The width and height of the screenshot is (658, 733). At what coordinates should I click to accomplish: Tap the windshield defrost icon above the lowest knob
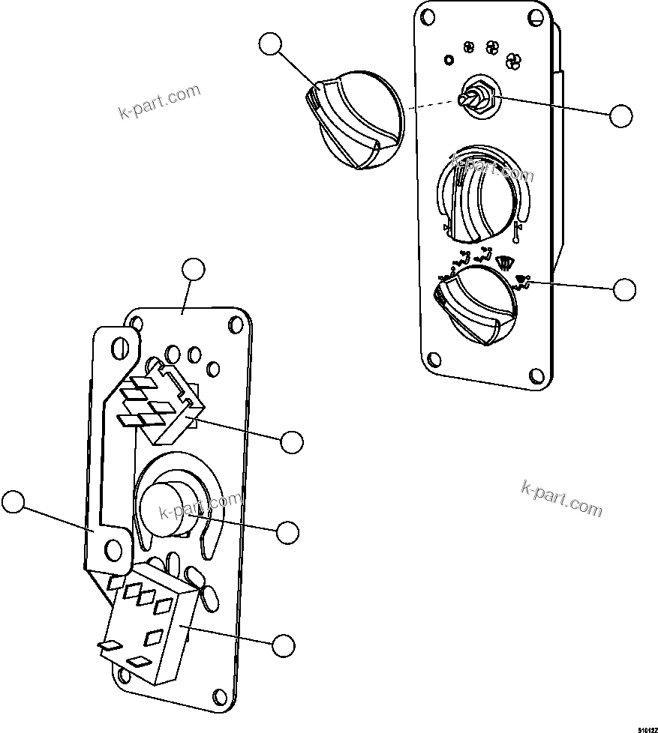click(504, 263)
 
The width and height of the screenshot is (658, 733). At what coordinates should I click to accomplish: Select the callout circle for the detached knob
click(271, 45)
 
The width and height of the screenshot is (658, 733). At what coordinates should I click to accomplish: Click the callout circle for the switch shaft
click(620, 115)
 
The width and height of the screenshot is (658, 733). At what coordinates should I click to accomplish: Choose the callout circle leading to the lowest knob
click(624, 289)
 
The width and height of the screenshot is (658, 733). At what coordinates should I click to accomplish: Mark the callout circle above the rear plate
click(194, 269)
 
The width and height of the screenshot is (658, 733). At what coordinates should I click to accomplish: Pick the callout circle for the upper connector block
click(292, 441)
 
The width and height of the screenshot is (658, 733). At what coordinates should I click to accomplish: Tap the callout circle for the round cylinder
click(287, 532)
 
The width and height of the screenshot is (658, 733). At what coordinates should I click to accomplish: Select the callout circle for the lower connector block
click(283, 645)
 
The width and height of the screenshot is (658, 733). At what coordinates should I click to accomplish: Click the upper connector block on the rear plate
click(161, 405)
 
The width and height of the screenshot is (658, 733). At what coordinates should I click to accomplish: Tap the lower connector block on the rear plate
click(154, 626)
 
